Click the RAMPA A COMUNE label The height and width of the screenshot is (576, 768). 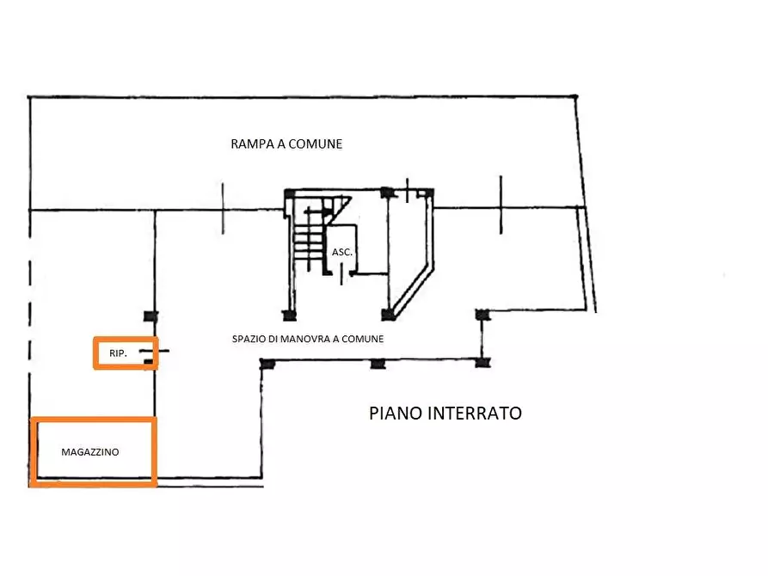(286, 144)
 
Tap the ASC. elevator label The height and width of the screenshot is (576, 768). (342, 252)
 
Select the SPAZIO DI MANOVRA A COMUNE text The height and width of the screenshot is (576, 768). (308, 339)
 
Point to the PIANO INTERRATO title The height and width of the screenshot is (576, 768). (445, 414)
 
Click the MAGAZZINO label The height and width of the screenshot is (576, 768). (90, 452)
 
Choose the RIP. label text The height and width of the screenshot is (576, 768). (118, 353)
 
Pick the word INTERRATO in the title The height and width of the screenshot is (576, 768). (475, 414)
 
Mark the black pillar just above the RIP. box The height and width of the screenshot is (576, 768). (151, 316)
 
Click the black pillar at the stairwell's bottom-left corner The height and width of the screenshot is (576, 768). (290, 316)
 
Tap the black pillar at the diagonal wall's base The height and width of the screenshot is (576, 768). (389, 315)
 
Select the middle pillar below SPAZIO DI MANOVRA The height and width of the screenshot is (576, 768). (378, 364)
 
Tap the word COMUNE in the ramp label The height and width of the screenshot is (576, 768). (316, 144)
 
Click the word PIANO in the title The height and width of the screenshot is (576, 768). (396, 414)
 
